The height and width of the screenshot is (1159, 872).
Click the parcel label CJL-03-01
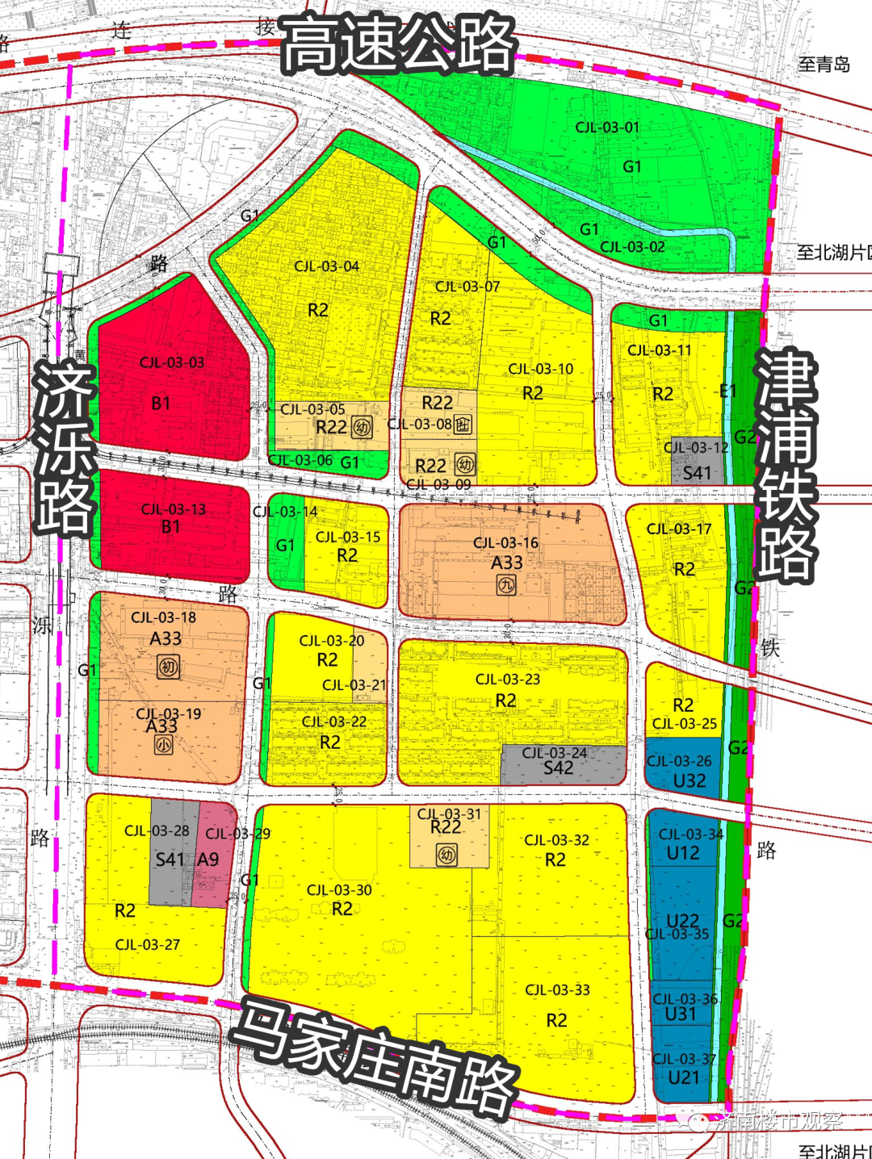coord(607,128)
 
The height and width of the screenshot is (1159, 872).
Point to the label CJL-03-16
coord(505,543)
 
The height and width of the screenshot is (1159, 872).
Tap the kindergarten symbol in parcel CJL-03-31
coord(446,854)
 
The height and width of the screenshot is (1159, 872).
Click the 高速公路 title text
coord(399,45)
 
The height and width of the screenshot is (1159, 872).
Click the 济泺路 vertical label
coord(65,448)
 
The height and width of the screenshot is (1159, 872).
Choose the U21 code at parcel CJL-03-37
coord(684,1077)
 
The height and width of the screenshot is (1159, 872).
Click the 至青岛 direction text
coord(824,65)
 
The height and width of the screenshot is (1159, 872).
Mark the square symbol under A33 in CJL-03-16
coord(506,584)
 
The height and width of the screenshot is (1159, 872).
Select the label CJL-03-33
coord(557,990)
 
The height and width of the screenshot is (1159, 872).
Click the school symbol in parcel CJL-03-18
coord(168,667)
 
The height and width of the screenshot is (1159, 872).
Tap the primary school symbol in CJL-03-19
coord(163,745)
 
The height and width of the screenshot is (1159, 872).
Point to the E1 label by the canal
coord(727,391)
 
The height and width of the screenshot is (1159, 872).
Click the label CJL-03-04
coord(326,266)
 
